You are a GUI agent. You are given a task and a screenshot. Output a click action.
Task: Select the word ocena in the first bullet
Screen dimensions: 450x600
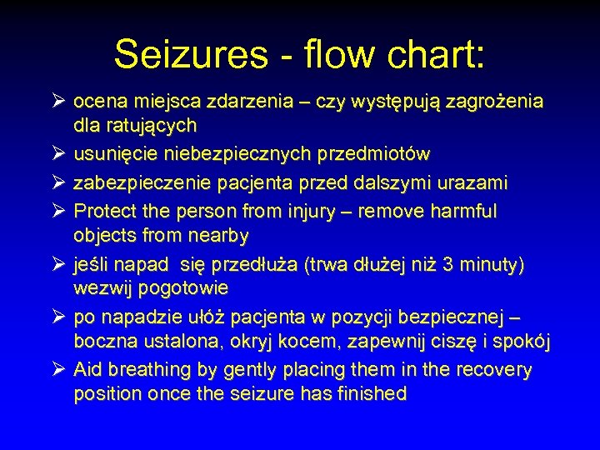click(97, 102)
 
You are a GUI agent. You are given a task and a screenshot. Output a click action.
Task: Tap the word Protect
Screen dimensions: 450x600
click(102, 211)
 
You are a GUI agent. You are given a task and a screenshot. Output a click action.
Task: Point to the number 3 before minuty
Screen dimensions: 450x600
click(448, 264)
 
